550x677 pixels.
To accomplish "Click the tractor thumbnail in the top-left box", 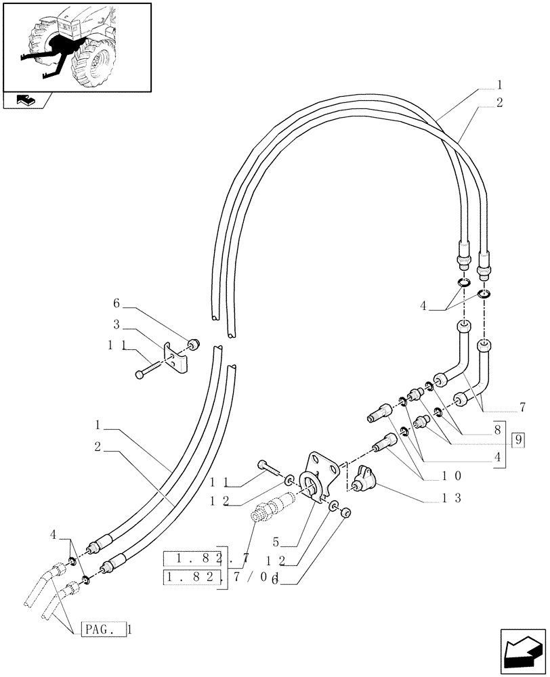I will (76, 46).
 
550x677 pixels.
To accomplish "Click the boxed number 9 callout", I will (518, 439).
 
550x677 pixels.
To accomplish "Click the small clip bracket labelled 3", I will (176, 361).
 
